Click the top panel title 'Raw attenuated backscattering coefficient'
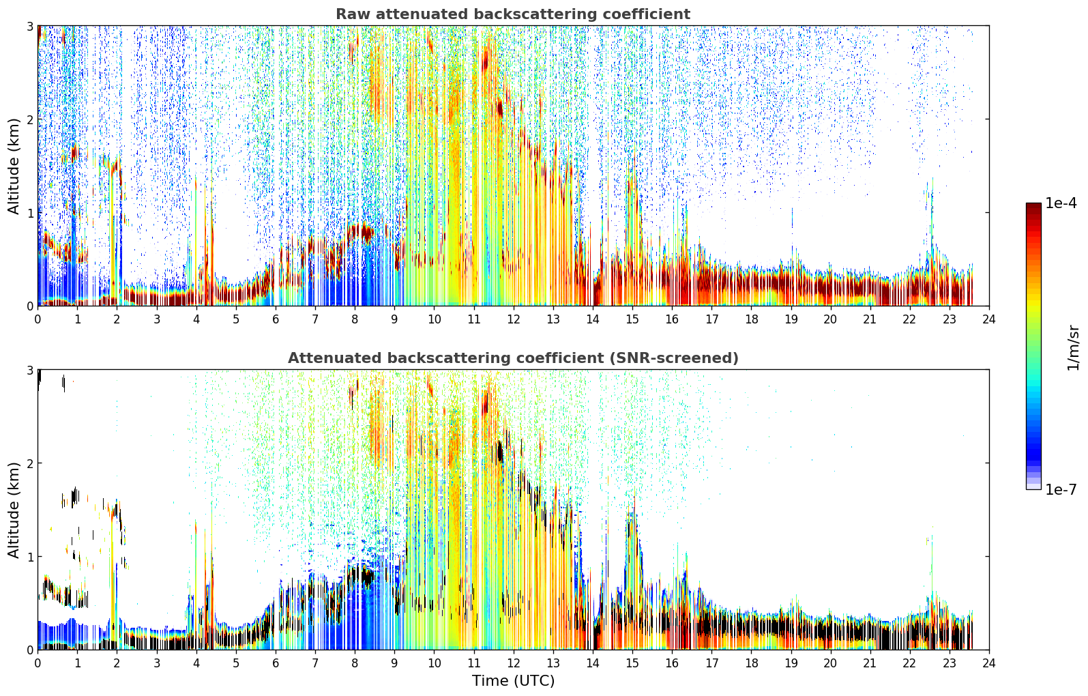513,14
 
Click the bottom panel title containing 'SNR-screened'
513,358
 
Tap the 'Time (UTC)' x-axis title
513,680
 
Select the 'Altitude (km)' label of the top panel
14,166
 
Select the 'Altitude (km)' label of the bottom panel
14,510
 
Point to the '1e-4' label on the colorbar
1061,203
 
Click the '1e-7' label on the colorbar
1061,489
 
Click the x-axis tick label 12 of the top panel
514,319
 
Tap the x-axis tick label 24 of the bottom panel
989,663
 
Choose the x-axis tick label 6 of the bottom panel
276,663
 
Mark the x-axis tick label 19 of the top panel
791,319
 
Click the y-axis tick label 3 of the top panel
29,26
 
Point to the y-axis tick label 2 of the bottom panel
29,463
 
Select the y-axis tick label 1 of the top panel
29,213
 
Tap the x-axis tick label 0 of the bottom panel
38,663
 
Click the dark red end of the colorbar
1033,207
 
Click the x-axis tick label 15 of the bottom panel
632,663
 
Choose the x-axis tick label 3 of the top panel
157,319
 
